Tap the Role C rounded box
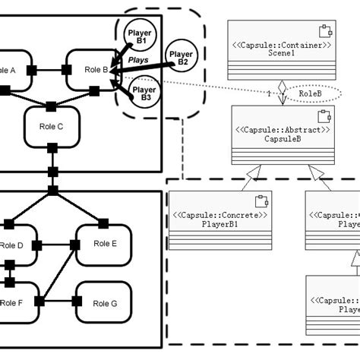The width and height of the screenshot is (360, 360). [x=52, y=126]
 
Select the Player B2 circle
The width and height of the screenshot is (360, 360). [x=182, y=58]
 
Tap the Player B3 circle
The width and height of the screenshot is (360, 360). [x=144, y=93]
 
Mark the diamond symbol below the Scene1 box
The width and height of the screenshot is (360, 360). [x=280, y=87]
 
